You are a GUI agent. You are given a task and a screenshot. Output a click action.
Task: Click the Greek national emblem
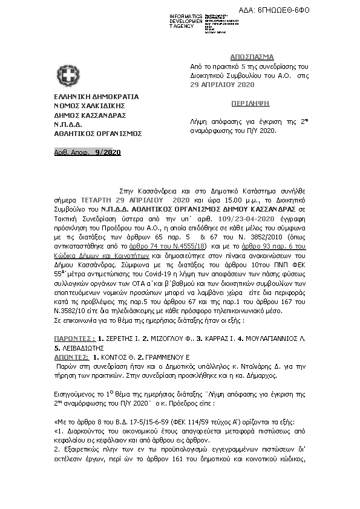coord(68,76)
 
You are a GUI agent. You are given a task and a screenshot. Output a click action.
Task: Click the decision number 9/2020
coord(108,152)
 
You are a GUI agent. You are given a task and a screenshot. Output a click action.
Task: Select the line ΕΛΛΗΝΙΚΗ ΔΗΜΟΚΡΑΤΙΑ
coord(96,97)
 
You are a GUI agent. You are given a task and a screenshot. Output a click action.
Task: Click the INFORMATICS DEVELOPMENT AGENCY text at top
coord(186,21)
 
